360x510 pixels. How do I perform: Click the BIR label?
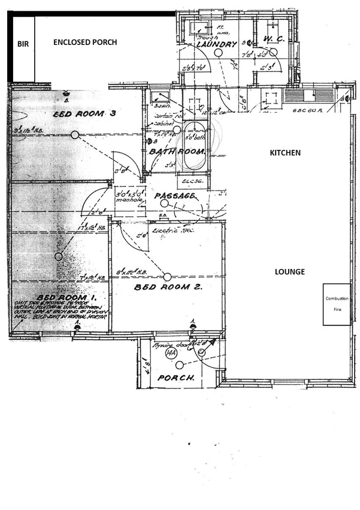[23, 44]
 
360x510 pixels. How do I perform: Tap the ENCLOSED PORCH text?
[85, 43]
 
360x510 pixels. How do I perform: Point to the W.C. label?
[274, 39]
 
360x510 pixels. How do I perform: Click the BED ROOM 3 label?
[85, 114]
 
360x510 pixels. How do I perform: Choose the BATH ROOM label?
[178, 151]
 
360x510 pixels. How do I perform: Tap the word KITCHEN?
[285, 153]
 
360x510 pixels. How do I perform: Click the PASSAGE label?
[176, 196]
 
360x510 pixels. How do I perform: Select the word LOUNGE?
[290, 272]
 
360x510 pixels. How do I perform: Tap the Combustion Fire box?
[337, 304]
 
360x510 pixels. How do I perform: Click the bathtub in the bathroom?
[193, 147]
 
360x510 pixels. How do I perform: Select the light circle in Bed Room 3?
[75, 135]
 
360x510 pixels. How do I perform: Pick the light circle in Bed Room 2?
[168, 276]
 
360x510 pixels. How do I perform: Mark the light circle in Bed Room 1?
[59, 256]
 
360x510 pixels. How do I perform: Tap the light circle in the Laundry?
[219, 52]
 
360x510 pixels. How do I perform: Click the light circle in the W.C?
[273, 52]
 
